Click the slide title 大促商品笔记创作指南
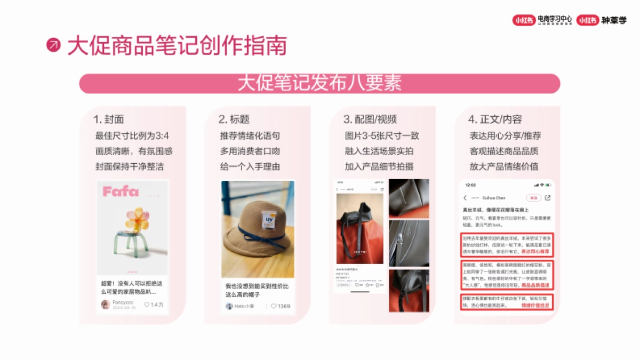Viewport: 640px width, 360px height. [177, 46]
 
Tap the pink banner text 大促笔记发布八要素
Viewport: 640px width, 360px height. [319, 83]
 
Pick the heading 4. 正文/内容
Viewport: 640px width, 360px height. [495, 119]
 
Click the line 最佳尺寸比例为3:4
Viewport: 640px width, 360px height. [132, 135]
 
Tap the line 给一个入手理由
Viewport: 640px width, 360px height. [250, 166]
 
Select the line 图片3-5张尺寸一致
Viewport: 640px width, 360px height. [382, 135]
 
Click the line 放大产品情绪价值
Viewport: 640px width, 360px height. [503, 166]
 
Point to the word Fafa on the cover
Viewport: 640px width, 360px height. [121, 191]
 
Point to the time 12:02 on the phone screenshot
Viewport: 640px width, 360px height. [470, 185]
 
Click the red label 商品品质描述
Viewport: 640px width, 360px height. [535, 286]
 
